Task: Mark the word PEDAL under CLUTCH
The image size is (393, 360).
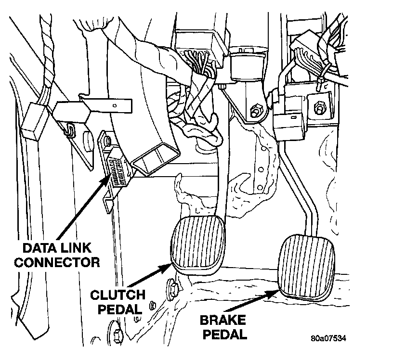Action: pyautogui.click(x=119, y=309)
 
